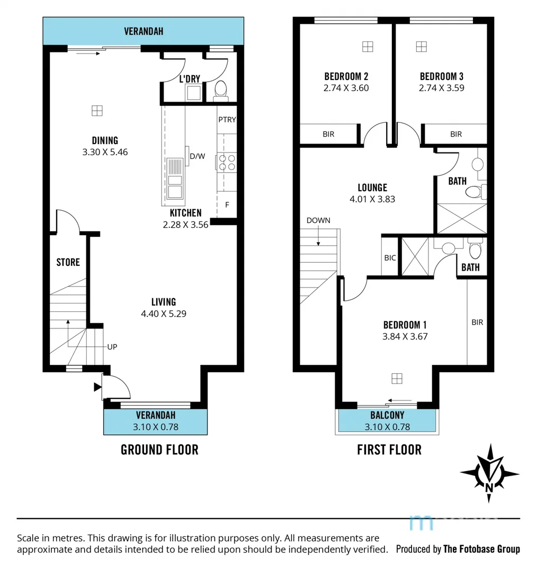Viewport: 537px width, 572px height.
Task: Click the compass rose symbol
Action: [x=489, y=473]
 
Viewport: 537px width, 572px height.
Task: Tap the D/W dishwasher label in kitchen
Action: [x=197, y=156]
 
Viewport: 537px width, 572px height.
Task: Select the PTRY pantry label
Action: [x=227, y=120]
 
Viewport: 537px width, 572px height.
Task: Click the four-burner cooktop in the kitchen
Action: [x=227, y=162]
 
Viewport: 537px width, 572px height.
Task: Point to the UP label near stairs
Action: [x=112, y=347]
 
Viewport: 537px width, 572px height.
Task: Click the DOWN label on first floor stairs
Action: [x=318, y=220]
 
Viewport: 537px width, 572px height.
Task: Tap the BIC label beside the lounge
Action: [x=390, y=258]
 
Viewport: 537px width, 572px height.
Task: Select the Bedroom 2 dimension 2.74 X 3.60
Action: [x=346, y=88]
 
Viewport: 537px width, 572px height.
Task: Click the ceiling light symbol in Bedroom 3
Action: [x=421, y=46]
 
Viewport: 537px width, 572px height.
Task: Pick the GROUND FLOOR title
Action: [x=159, y=450]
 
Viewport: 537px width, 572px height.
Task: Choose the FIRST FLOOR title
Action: [x=389, y=450]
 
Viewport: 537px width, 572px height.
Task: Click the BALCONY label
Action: [x=387, y=416]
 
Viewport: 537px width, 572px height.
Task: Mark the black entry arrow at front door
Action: [x=97, y=387]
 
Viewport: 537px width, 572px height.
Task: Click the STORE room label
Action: [x=68, y=262]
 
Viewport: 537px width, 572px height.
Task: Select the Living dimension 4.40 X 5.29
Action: [x=164, y=314]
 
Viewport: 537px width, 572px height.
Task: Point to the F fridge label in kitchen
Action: [x=227, y=204]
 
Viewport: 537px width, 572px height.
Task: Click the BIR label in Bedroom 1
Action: [x=477, y=322]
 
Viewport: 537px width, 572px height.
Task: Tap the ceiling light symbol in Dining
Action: [x=96, y=110]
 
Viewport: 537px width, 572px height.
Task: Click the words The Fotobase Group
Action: [x=481, y=549]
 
